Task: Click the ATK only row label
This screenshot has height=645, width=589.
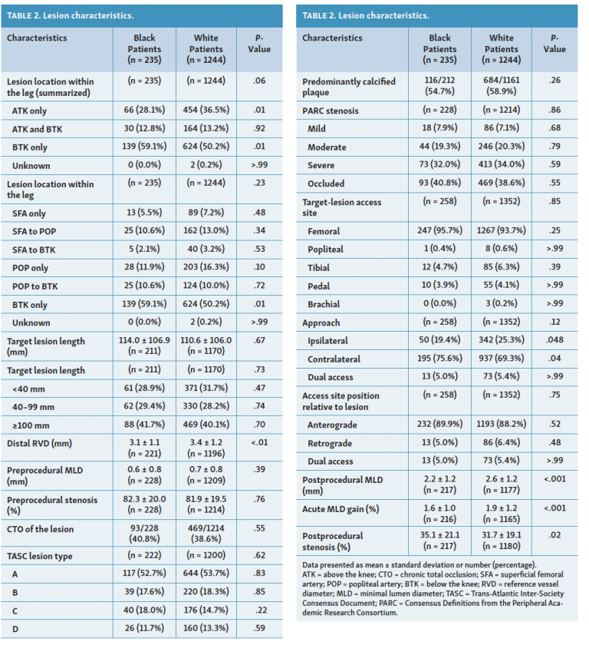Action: point(29,111)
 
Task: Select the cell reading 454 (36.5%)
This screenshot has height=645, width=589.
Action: point(206,111)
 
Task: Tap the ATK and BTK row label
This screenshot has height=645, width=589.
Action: point(37,129)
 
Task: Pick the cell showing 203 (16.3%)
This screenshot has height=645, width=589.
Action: point(206,267)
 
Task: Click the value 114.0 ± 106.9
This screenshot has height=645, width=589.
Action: point(144,340)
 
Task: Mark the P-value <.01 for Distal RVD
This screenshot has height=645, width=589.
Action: point(259,442)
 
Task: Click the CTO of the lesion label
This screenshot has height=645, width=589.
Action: point(40,529)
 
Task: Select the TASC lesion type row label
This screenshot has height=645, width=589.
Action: point(39,556)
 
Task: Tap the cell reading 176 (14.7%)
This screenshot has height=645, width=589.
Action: point(206,610)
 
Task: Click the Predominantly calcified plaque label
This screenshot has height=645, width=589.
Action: point(349,87)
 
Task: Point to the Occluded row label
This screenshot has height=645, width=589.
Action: point(326,184)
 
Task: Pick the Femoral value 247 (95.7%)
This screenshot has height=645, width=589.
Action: point(440,230)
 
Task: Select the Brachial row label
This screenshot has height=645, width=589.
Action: point(324,304)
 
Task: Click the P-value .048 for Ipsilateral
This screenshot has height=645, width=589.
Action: point(554,339)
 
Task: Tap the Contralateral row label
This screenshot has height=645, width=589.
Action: point(334,359)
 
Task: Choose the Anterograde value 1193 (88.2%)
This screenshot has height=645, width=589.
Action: point(501,424)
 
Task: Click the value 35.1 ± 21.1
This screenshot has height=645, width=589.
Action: point(440,534)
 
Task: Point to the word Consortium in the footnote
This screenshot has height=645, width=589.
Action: point(380,613)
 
